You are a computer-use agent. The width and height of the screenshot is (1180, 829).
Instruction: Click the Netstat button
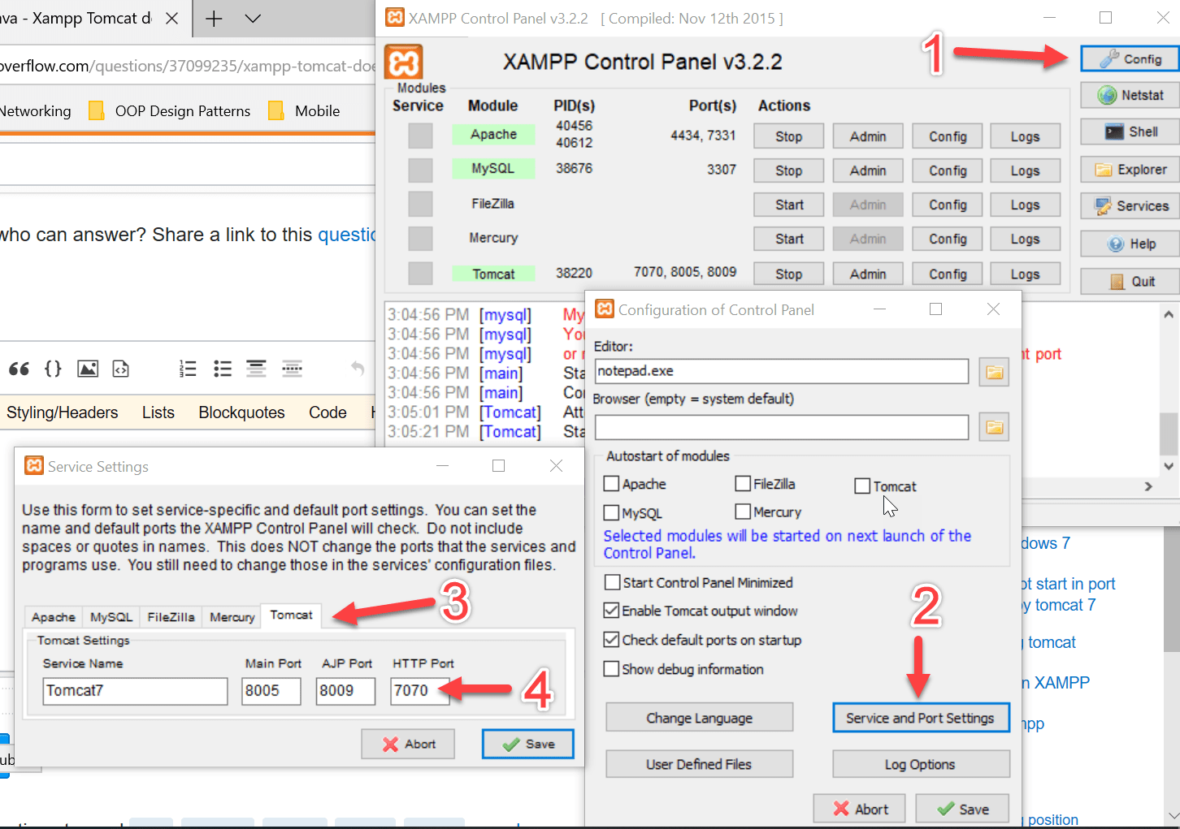click(1130, 95)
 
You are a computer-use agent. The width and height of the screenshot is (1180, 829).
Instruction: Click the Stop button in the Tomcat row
click(788, 274)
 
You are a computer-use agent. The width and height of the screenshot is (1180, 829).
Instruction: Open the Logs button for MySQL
click(1025, 171)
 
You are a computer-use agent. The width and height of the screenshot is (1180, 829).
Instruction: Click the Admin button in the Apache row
click(867, 136)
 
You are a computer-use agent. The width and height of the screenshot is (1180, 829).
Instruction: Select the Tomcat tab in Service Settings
click(291, 615)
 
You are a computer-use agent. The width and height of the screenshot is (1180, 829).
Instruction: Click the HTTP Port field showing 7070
click(419, 691)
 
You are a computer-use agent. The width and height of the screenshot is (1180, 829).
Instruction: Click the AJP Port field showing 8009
click(345, 691)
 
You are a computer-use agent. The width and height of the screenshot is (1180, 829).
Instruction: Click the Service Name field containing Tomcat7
click(135, 691)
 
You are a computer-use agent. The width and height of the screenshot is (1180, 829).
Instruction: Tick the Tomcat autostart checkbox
click(862, 486)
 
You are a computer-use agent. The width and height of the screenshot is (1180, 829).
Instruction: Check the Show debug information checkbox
click(612, 669)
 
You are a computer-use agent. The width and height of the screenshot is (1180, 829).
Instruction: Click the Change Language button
click(699, 718)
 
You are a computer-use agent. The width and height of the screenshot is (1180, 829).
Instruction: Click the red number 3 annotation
click(455, 602)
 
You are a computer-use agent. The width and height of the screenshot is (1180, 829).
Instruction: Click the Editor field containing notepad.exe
click(781, 371)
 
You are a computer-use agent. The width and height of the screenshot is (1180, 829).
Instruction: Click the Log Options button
click(920, 764)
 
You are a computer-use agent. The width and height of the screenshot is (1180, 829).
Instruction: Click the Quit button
click(1130, 281)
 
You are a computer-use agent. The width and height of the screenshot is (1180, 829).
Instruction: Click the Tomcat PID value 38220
click(574, 273)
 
